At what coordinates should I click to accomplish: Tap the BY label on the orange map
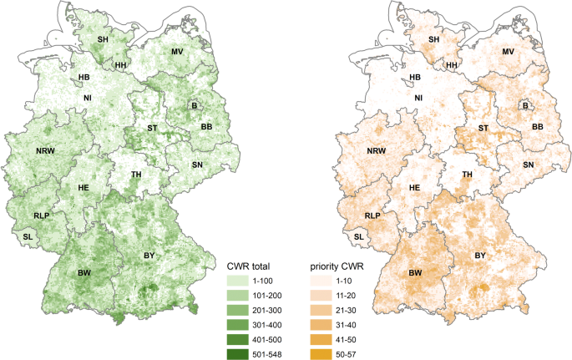click(480, 255)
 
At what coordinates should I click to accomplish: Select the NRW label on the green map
click(47, 151)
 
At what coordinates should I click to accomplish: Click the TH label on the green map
click(135, 175)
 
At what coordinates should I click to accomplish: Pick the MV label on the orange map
click(508, 52)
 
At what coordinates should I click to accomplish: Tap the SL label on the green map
click(30, 237)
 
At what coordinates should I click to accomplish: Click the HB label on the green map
click(84, 78)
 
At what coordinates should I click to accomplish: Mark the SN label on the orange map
click(528, 165)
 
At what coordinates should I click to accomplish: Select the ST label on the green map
click(152, 128)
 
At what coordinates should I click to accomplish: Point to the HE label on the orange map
click(414, 188)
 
